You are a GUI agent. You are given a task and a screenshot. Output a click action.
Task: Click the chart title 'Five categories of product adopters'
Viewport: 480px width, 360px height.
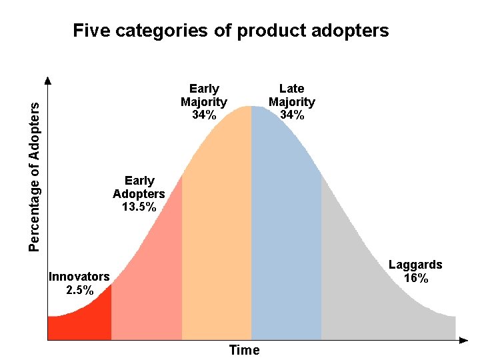click(231, 31)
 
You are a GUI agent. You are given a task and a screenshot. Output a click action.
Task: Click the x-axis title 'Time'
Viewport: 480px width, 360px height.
click(244, 350)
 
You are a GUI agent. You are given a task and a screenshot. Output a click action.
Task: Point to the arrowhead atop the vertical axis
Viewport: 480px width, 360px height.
click(48, 81)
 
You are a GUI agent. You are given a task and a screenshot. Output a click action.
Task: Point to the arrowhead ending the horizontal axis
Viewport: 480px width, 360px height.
click(464, 340)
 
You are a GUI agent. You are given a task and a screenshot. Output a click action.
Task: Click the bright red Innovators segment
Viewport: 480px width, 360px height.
click(83, 320)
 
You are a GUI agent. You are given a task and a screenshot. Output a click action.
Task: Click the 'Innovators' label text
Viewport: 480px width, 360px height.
click(79, 277)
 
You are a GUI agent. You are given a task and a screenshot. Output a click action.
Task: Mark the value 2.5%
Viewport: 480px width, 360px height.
click(79, 290)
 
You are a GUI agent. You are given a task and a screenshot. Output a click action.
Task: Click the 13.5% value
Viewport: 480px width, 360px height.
click(139, 207)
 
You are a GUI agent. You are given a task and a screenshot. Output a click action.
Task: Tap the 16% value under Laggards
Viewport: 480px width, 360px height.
click(415, 279)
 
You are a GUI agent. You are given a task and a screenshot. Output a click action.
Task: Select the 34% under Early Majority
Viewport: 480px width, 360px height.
click(203, 115)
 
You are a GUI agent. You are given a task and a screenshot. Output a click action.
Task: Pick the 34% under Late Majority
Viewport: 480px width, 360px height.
click(291, 115)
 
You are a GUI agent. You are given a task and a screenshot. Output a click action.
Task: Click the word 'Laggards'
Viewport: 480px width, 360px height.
click(415, 265)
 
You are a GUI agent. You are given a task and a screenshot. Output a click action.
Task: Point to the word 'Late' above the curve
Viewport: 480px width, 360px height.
click(291, 89)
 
